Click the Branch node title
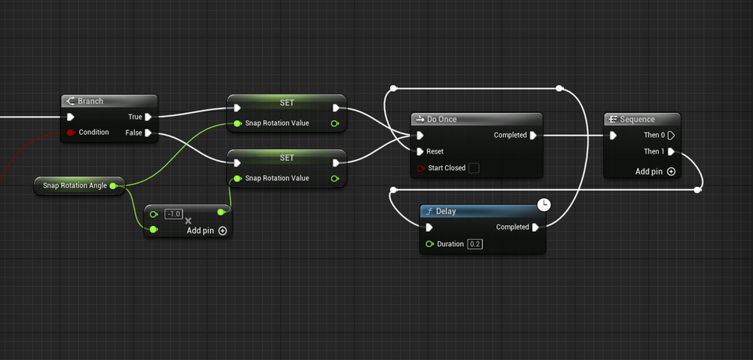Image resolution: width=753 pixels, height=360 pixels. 90,101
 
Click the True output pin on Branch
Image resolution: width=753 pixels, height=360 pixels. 148,117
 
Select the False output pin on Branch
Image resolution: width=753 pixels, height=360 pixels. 148,133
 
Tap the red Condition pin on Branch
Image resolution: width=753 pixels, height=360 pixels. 70,133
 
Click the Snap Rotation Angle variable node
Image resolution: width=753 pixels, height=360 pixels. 75,185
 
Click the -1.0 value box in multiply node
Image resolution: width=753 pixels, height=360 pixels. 173,214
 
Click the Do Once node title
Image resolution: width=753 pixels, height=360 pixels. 441,119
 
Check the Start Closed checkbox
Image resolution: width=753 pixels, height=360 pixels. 474,168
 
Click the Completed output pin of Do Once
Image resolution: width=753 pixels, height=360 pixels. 533,136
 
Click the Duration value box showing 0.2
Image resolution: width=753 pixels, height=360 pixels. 475,244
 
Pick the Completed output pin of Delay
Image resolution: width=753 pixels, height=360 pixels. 535,227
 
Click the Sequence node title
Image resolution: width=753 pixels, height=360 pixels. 637,119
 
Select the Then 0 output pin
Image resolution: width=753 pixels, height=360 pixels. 671,136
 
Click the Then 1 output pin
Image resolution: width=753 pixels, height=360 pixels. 671,151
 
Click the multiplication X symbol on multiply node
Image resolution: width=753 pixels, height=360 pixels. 188,221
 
